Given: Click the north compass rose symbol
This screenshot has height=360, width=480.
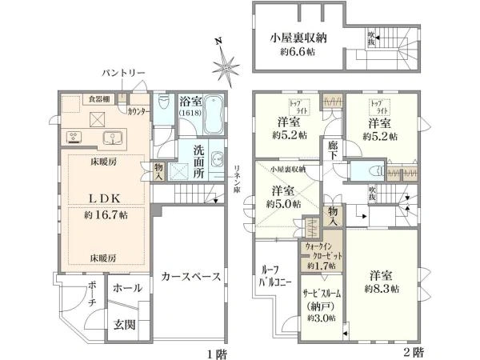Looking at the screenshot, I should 226,62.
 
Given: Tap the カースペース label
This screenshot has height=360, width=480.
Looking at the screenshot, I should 190,276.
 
